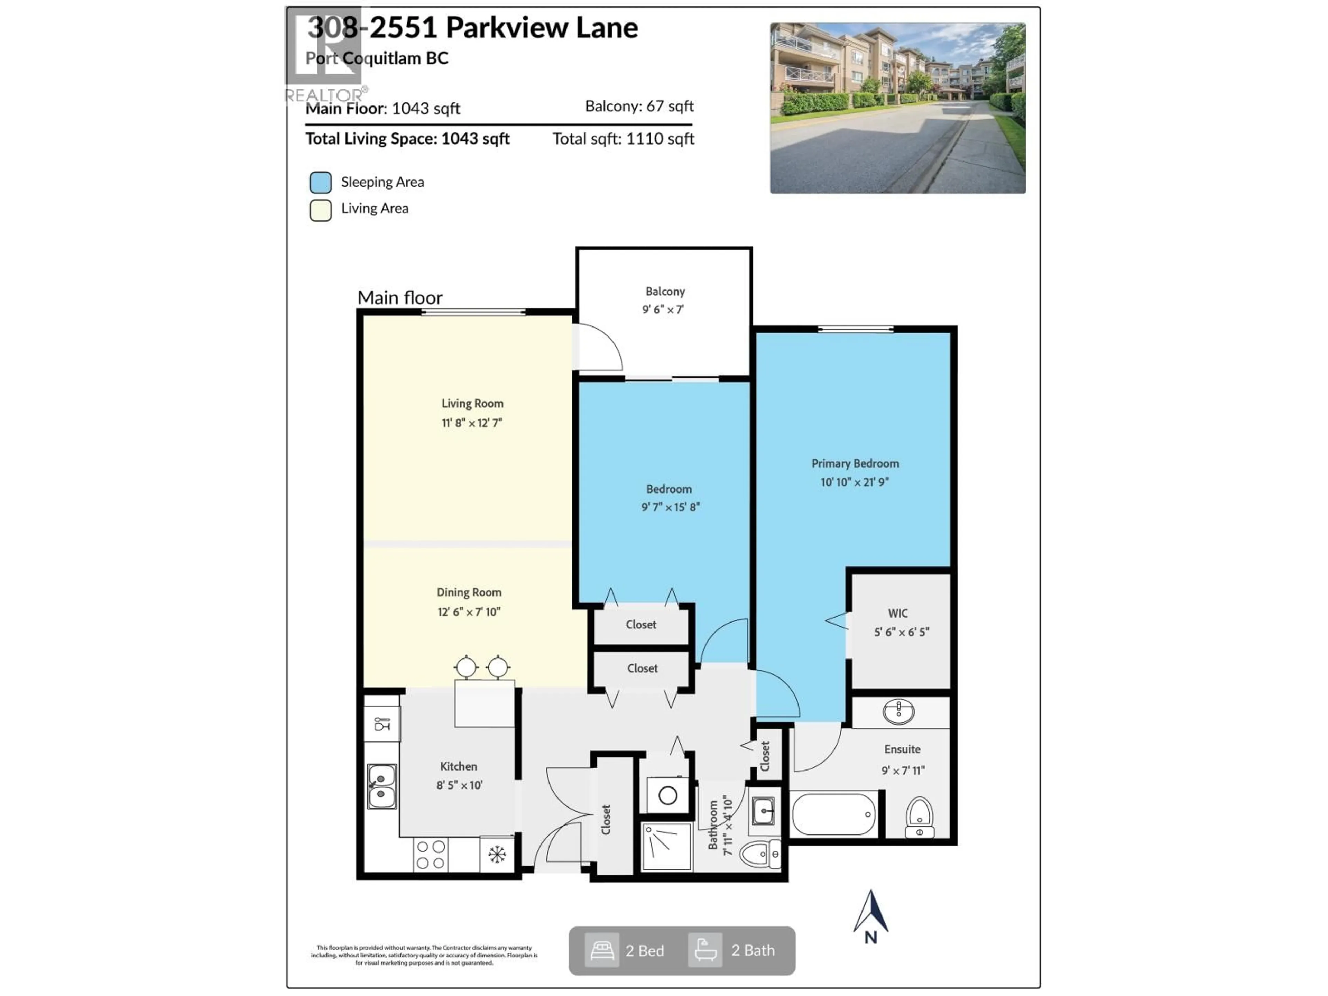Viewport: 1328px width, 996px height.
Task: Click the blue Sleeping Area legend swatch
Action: [321, 183]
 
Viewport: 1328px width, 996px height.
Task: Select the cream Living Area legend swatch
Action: [321, 211]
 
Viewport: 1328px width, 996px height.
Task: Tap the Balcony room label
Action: [665, 291]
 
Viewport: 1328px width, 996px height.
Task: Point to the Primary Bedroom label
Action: [855, 463]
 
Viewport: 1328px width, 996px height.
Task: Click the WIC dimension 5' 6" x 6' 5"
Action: [901, 632]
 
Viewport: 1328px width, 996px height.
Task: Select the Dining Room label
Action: [469, 592]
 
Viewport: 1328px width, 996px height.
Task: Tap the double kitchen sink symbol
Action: [382, 786]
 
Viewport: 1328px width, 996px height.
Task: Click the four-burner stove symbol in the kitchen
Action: [431, 855]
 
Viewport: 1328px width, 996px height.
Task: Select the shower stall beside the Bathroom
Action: [666, 847]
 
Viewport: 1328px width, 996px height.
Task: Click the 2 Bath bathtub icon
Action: [705, 950]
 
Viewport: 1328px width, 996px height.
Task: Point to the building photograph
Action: [897, 108]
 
